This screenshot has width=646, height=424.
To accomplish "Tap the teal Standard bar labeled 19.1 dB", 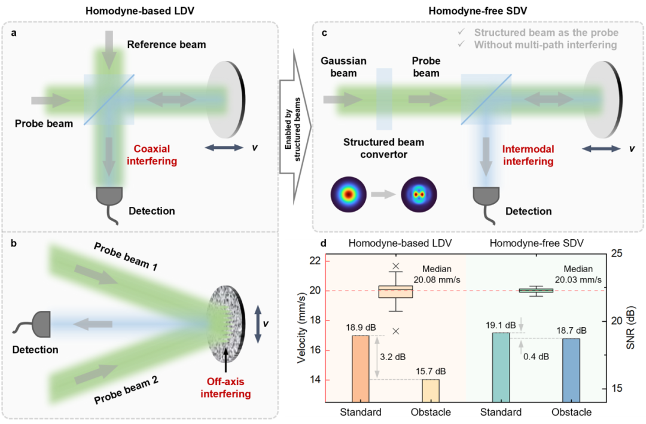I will (500, 367).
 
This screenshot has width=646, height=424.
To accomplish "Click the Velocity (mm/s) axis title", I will (301, 331).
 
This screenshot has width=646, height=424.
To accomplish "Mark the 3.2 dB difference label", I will (392, 357).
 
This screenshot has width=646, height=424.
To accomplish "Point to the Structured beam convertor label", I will (383, 148).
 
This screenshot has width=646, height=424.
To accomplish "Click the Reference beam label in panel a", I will (166, 45).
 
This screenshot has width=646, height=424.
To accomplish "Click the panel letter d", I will (324, 243).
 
